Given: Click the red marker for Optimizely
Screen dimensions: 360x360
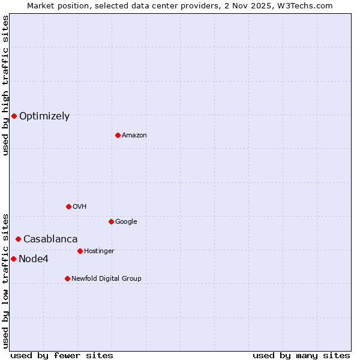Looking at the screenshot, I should coord(14,116).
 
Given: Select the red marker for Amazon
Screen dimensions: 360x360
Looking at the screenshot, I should coord(118,135).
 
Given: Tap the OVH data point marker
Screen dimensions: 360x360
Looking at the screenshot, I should coord(68,206).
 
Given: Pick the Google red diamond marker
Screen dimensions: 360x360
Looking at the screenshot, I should coord(111,221).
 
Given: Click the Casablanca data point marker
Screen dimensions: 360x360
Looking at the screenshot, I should coord(18,239).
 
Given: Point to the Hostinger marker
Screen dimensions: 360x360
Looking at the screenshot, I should coord(80,251).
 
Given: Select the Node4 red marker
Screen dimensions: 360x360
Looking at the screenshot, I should coord(13,259).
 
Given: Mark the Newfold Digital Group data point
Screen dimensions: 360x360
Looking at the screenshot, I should coord(67,278).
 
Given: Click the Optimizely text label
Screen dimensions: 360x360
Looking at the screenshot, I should coord(44,116).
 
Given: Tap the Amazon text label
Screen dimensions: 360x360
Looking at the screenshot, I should coord(134,136).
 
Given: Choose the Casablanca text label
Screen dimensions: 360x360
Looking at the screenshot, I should coord(50,239).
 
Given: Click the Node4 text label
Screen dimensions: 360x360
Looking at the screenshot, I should coord(34,259).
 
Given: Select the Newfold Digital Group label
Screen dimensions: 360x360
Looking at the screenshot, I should coord(106,278).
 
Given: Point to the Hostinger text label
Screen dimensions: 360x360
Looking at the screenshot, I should coord(99,251).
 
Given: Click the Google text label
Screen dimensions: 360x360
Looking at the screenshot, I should coord(126,222).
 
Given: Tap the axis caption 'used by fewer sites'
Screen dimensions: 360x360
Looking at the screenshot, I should coord(62,355).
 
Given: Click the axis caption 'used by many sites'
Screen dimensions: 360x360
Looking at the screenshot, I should coord(301,355).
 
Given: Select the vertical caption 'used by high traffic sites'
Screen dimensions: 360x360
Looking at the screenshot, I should coord(5,85).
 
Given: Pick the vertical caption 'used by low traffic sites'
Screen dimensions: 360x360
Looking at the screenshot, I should coord(5,280).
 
